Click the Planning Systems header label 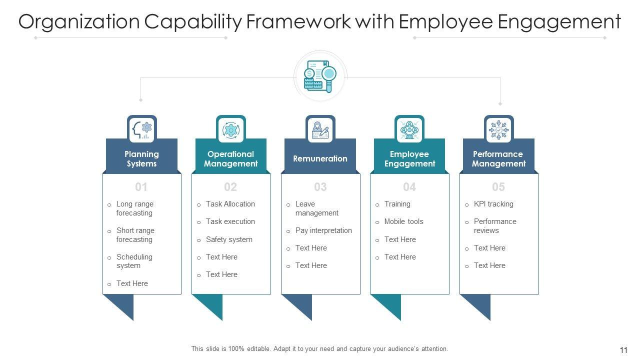(141, 159)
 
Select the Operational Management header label (230, 159)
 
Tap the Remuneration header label (320, 158)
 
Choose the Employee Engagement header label (409, 159)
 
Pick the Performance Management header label (498, 159)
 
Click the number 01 (141, 187)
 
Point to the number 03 (320, 187)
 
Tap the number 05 (498, 187)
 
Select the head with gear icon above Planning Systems (141, 130)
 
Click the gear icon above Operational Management (230, 130)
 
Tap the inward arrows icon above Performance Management (498, 130)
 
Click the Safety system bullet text (229, 239)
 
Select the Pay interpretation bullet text (323, 230)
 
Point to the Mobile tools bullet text (403, 221)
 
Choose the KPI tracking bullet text (493, 204)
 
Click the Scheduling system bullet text (134, 261)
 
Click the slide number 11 (623, 350)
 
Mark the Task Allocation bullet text (230, 204)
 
